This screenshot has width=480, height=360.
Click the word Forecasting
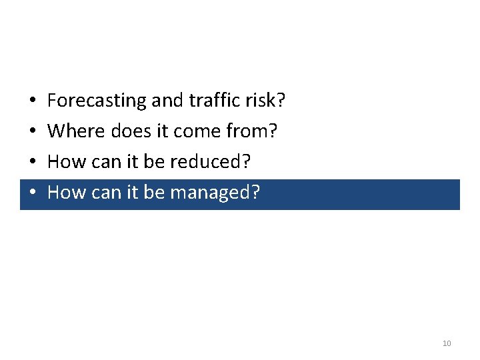click(x=97, y=101)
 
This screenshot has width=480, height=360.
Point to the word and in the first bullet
click(x=167, y=101)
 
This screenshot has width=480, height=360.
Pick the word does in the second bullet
click(x=131, y=131)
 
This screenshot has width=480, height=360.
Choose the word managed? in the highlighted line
click(x=215, y=193)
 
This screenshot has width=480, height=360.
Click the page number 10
click(x=447, y=343)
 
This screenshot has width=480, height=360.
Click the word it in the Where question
click(x=162, y=131)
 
